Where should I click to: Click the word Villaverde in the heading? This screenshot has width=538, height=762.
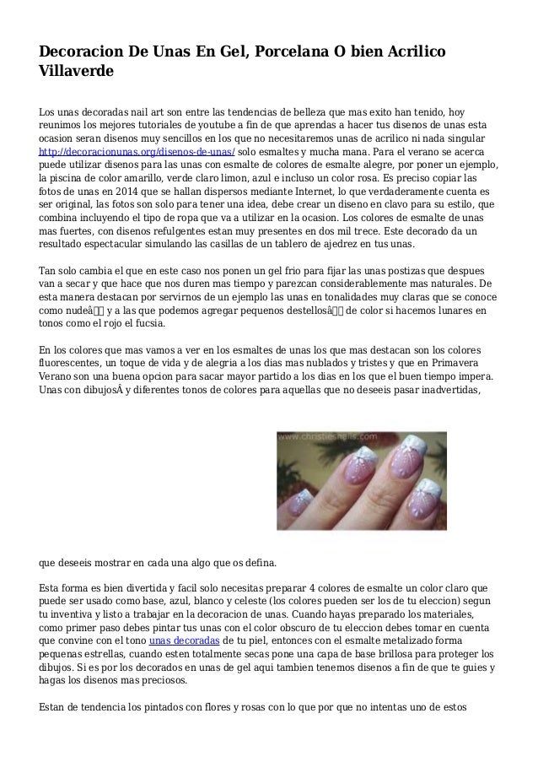(x=76, y=73)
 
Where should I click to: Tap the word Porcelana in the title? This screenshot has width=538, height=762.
(x=285, y=52)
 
